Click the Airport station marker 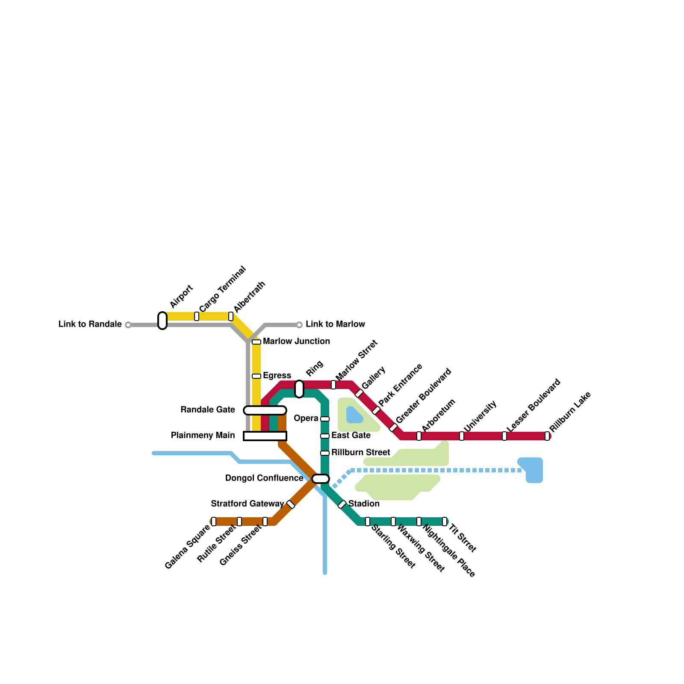click(x=162, y=321)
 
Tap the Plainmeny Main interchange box click(x=265, y=436)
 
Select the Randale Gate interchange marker click(x=265, y=410)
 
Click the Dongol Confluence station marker click(x=321, y=479)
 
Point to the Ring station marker click(x=299, y=389)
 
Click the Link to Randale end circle click(x=128, y=325)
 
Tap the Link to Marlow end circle click(x=299, y=325)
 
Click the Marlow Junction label click(x=296, y=341)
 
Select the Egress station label click(x=277, y=375)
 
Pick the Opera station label click(x=306, y=418)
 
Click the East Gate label click(x=351, y=435)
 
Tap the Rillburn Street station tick click(x=325, y=453)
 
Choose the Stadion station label click(x=364, y=504)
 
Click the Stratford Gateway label click(x=248, y=504)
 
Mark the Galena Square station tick click(x=214, y=522)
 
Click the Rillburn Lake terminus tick click(x=547, y=436)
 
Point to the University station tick click(x=462, y=436)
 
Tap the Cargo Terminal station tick click(x=197, y=316)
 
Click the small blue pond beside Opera click(x=354, y=415)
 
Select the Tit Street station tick click(x=445, y=522)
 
